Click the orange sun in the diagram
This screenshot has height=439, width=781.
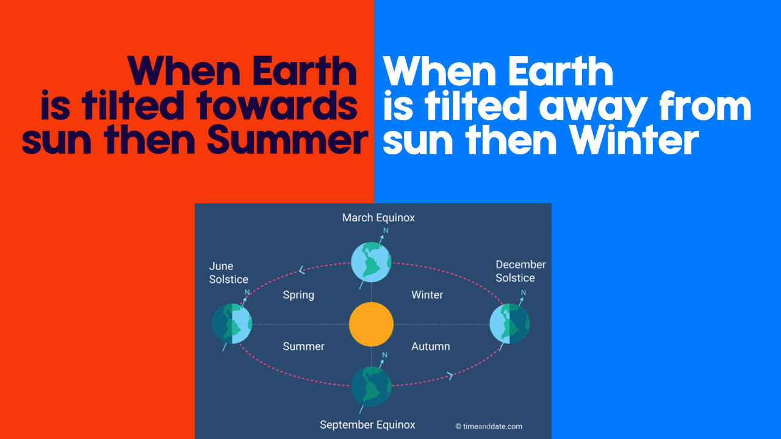click(x=372, y=324)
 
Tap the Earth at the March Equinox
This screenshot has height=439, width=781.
click(x=371, y=262)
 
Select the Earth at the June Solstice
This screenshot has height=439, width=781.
click(x=232, y=324)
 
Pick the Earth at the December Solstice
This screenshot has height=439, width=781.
click(x=509, y=324)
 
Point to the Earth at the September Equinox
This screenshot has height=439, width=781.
click(x=371, y=386)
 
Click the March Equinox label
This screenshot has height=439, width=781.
click(x=378, y=218)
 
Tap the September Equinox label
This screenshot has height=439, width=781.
click(x=367, y=425)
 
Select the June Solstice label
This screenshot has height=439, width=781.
click(x=228, y=273)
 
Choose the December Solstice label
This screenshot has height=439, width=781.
click(x=520, y=271)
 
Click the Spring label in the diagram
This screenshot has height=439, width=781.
click(x=298, y=295)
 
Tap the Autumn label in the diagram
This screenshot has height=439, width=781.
click(x=431, y=346)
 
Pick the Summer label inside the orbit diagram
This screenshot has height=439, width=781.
click(x=304, y=346)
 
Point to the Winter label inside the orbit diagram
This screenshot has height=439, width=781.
click(x=427, y=294)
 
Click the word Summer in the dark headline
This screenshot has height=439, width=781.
click(x=287, y=140)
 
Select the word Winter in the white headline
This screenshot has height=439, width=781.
click(x=634, y=140)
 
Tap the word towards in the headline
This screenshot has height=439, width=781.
click(x=276, y=105)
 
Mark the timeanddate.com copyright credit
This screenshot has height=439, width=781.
click(x=489, y=426)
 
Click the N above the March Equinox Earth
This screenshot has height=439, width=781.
click(x=386, y=230)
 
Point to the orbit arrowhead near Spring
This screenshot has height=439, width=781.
click(x=302, y=269)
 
